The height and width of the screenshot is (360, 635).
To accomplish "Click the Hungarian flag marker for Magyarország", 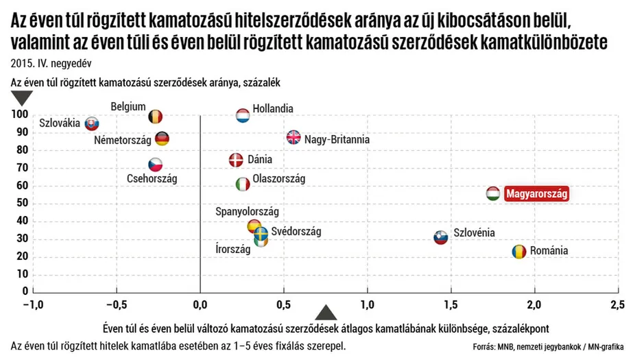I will (x=493, y=193).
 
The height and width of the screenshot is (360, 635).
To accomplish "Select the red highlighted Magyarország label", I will (x=537, y=194).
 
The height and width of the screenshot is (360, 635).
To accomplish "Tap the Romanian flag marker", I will (x=519, y=251).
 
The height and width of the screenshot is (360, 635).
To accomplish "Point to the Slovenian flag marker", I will (x=441, y=237).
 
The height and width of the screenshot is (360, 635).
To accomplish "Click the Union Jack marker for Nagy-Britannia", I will (x=293, y=137).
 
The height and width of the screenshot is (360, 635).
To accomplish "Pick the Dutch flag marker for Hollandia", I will (x=243, y=115).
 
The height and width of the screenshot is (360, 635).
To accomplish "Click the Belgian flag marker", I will (x=156, y=117).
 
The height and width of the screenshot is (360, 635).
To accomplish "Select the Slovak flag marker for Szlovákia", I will (x=92, y=124).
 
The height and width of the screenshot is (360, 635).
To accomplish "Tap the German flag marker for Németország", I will (x=162, y=139).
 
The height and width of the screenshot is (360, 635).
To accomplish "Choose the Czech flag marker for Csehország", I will (x=156, y=165).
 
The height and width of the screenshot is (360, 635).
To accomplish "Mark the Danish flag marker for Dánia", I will (x=236, y=160).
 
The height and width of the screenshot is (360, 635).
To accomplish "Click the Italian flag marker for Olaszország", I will (x=243, y=184).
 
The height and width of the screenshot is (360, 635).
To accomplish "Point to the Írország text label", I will (x=233, y=250).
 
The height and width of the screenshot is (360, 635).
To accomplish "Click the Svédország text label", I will (x=296, y=232).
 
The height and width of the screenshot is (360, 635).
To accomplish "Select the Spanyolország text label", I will (x=247, y=212).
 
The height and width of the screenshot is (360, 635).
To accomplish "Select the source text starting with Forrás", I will (x=548, y=347).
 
